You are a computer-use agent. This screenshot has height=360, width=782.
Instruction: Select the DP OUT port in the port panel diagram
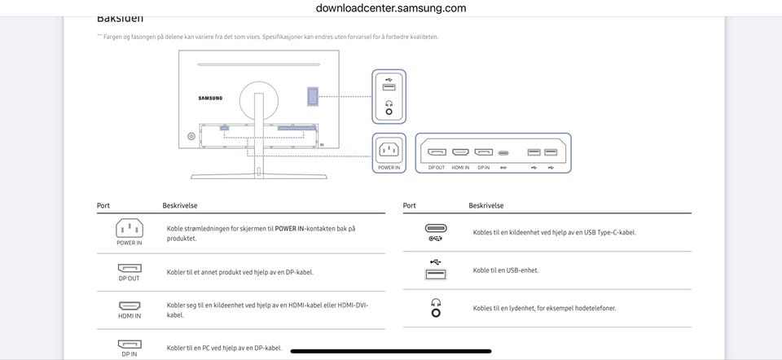[437, 152]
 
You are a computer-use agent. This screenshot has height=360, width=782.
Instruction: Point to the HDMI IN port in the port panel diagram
[460, 152]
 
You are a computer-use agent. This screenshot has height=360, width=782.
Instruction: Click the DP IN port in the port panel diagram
[483, 152]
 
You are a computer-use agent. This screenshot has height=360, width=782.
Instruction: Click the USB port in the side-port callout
[389, 87]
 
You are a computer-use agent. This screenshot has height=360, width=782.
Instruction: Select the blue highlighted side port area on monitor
[313, 95]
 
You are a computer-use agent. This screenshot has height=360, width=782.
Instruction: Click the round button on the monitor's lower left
[191, 135]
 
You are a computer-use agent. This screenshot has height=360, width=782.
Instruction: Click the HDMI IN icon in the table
[129, 306]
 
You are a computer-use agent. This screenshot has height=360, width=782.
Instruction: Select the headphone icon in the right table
[436, 308]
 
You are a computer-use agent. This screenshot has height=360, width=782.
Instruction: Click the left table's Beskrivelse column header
[179, 206]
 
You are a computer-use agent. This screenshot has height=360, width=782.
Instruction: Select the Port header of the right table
[410, 206]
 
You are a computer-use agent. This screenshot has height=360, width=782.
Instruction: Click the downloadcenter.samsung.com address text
[391, 8]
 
